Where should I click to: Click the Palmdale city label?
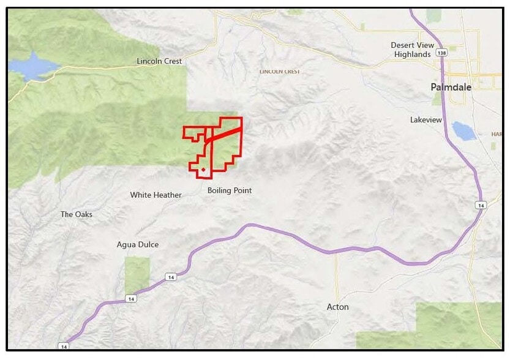[451, 88]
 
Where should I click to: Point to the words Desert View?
[412, 45]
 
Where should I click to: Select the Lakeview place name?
[426, 120]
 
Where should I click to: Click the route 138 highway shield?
[441, 53]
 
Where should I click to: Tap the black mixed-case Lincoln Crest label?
[159, 61]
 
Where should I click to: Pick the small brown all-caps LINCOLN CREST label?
[279, 72]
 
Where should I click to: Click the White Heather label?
[156, 195]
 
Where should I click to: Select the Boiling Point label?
[230, 190]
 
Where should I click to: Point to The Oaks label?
[76, 214]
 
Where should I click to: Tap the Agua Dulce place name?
[137, 245]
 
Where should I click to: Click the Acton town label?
[337, 307]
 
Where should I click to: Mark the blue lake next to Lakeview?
[464, 131]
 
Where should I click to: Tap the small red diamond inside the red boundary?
[203, 169]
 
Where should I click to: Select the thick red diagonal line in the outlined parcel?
[223, 133]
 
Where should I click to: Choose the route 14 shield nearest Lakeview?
[481, 205]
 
